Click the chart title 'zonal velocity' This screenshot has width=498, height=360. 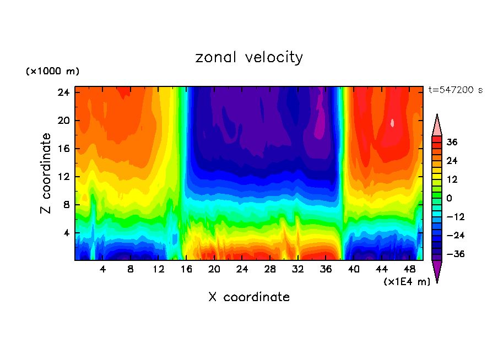[x=249, y=57]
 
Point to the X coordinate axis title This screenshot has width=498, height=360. [x=249, y=297]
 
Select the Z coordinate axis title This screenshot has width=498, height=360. [x=46, y=173]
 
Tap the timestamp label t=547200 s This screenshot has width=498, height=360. [x=455, y=90]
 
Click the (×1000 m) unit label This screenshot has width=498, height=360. [x=52, y=72]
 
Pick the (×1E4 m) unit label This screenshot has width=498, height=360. [x=407, y=281]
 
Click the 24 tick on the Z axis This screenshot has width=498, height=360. [x=64, y=92]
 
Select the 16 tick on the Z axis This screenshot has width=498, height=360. [x=64, y=149]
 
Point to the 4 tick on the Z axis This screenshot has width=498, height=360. [x=67, y=233]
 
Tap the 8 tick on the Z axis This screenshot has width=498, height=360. [x=67, y=205]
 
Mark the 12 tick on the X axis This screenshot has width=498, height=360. [x=158, y=269]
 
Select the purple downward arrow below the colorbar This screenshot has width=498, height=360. [x=437, y=271]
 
